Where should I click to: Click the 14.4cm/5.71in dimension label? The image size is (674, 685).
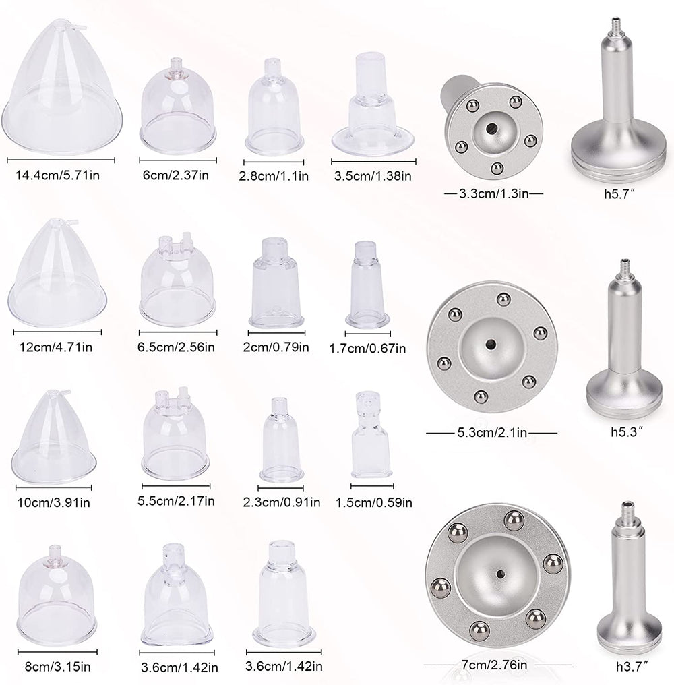pyautogui.click(x=58, y=175)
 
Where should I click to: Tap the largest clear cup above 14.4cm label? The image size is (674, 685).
pyautogui.click(x=61, y=88)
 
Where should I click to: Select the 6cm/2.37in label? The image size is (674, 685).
pyautogui.click(x=176, y=175)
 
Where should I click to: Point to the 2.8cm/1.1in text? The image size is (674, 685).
pyautogui.click(x=274, y=176)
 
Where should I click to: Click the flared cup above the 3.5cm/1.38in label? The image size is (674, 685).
pyautogui.click(x=373, y=105)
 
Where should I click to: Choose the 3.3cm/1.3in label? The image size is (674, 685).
pyautogui.click(x=493, y=193)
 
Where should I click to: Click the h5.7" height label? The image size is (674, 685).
pyautogui.click(x=619, y=194)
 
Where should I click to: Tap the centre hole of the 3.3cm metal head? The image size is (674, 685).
pyautogui.click(x=491, y=128)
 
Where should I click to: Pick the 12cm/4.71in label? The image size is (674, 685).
pyautogui.click(x=55, y=347)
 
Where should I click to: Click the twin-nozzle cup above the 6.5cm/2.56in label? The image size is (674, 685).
pyautogui.click(x=177, y=281)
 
